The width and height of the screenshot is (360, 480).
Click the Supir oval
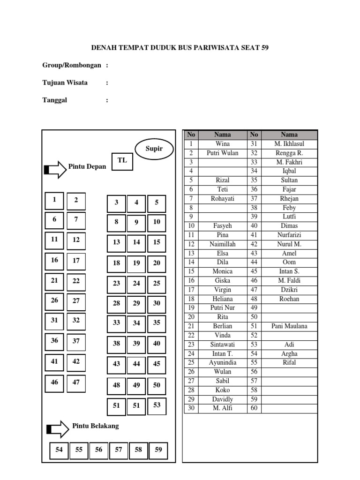(x=154, y=149)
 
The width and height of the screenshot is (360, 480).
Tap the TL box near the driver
(x=122, y=160)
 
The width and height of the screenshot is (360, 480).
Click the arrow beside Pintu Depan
(x=55, y=169)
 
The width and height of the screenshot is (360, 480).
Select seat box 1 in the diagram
(x=54, y=200)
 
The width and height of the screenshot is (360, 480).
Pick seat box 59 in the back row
(x=158, y=450)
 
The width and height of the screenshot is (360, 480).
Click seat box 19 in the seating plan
(x=136, y=263)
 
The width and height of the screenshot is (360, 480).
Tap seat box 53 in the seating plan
(x=157, y=405)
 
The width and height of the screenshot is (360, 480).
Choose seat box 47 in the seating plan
(x=76, y=382)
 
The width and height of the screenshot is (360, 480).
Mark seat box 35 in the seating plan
(x=157, y=323)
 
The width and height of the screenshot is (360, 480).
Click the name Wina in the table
(x=223, y=144)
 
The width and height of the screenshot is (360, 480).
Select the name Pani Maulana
(x=289, y=326)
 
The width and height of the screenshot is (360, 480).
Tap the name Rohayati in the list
(x=223, y=199)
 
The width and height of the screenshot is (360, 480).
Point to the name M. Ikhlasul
(x=289, y=144)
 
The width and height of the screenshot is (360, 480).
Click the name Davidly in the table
(x=223, y=399)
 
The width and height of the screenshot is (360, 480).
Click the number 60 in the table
(x=254, y=408)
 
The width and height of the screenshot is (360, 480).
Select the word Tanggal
(x=55, y=100)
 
